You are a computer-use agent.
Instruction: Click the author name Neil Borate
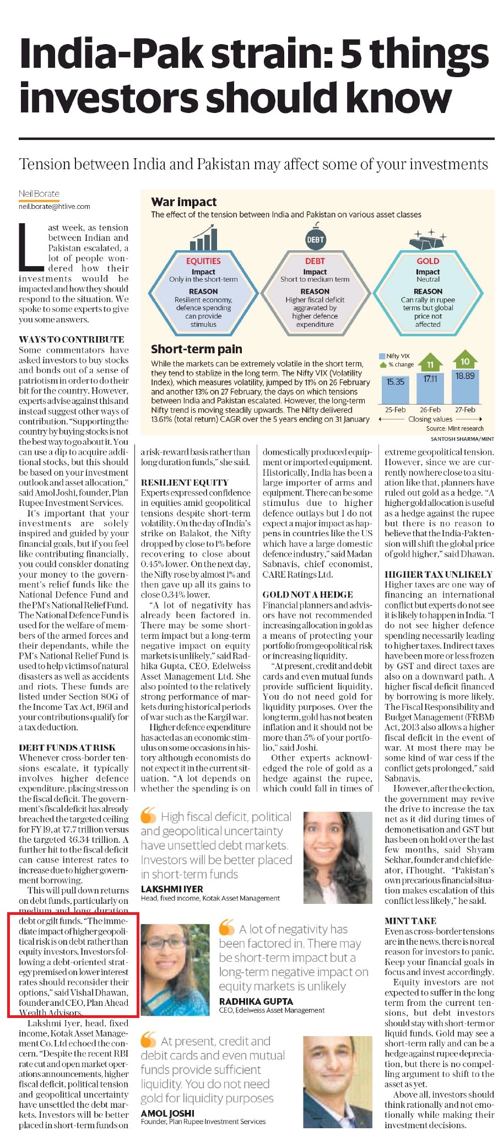coord(39,193)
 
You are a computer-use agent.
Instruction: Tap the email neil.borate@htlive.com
coord(54,207)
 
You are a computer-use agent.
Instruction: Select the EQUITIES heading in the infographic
coord(203,261)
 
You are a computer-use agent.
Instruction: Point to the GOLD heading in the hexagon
coord(427,261)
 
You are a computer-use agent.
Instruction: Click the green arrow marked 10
coord(465,361)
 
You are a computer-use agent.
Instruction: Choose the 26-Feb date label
coord(430,410)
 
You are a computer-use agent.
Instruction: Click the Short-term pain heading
coord(197,349)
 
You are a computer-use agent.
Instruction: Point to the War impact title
coord(184,202)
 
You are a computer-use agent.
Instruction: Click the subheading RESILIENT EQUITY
coord(185,483)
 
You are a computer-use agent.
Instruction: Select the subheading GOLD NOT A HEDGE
coord(307,595)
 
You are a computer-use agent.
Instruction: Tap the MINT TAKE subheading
coord(410,921)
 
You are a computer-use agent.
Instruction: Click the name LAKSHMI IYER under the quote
coord(172,889)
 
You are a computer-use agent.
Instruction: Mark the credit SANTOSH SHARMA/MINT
coord(462,439)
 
